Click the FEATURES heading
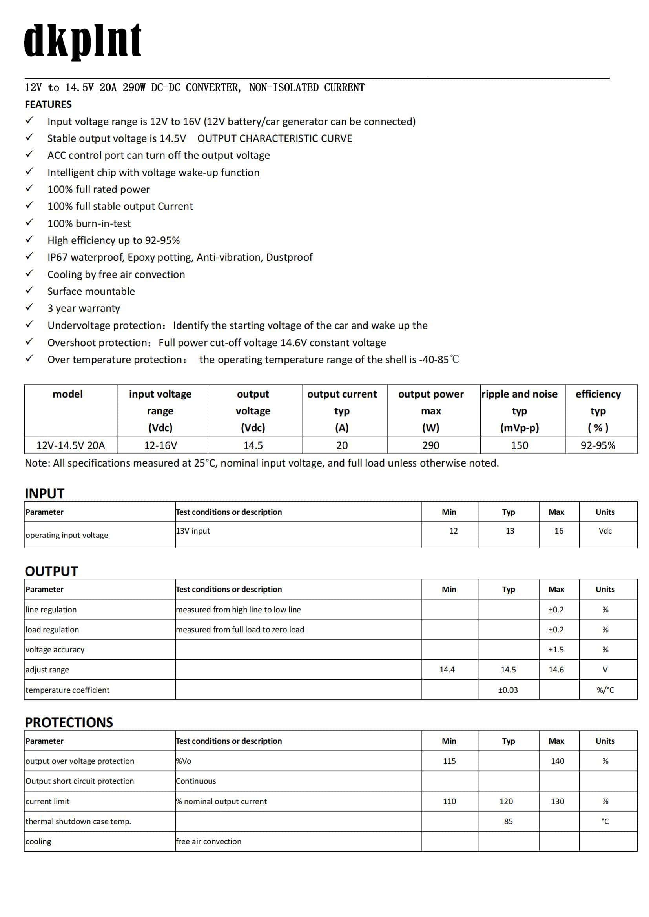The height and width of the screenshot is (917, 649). point(48,104)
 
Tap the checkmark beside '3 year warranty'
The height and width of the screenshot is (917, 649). point(29,307)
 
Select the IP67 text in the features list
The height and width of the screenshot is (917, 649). point(57,257)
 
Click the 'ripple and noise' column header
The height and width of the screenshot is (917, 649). point(519,394)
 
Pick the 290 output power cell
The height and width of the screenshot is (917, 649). point(430,445)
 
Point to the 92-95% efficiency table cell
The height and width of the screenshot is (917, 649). point(598,445)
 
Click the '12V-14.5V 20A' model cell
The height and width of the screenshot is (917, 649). point(70,445)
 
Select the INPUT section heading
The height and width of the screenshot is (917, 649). point(44,493)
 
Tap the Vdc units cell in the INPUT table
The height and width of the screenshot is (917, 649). point(605,531)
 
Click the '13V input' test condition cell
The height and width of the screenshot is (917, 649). point(193,531)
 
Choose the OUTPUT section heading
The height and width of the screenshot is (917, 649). point(51,571)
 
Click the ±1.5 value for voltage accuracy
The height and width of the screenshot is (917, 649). point(556,650)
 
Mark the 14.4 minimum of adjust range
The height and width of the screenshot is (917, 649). point(447,670)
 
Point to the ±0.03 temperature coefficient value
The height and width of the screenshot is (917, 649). point(507,690)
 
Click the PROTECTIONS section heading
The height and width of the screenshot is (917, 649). point(69,723)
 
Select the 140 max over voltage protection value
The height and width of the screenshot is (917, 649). point(557,761)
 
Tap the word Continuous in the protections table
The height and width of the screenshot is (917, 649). point(196,781)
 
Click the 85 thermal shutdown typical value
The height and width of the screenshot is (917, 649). point(508,822)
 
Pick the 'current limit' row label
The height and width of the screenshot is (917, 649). point(47,802)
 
